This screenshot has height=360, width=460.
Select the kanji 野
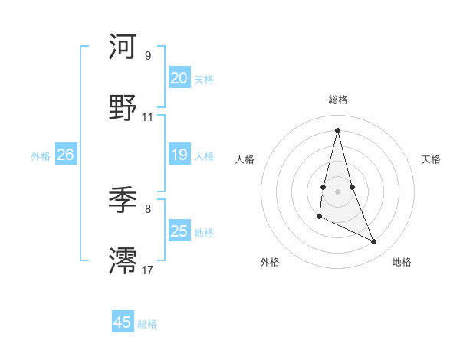pos(123,108)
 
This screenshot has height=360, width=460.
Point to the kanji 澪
pos(123,260)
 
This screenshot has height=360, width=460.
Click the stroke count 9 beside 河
pos(148,55)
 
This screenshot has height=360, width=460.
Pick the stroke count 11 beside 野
pos(148,117)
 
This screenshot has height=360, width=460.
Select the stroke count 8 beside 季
pos(148,208)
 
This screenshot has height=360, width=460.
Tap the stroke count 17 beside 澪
pos(148,270)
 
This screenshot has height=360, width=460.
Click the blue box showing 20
pos(179,78)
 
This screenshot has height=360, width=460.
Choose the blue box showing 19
pos(179,155)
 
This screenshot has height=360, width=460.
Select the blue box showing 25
pos(179,231)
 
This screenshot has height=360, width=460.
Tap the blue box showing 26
pos(65,155)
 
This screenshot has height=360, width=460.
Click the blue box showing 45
pos(123,322)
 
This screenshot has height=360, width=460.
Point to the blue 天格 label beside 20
pos(204,80)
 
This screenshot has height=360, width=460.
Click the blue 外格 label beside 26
pos(41,156)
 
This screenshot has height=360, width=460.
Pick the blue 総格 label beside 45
pos(147,324)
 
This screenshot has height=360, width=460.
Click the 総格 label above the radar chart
pos(338,100)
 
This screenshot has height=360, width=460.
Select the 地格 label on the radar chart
pos(402,262)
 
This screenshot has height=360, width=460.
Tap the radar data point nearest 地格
pos(374,242)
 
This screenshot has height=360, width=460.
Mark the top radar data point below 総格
pos(338,129)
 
